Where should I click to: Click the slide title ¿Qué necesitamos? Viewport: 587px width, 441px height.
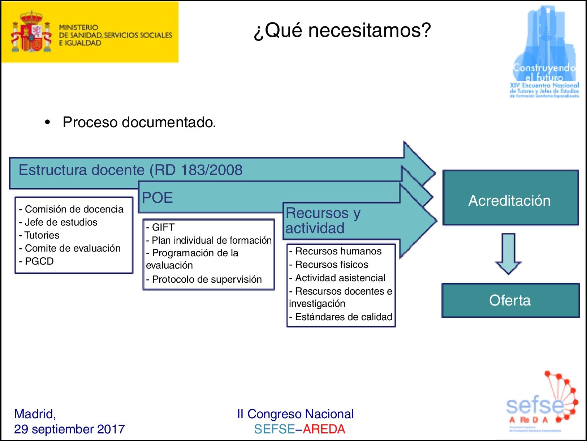point(342,30)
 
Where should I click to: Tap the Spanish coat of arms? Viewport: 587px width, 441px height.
point(31,33)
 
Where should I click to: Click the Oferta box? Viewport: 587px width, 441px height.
point(510,300)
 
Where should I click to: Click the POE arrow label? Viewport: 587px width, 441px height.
point(157,198)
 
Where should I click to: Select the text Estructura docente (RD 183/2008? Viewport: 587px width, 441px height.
point(130,170)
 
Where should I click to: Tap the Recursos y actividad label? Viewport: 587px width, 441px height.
point(323,220)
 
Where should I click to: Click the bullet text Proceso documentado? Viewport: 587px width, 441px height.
point(139,122)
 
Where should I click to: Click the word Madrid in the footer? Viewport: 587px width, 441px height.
point(35,414)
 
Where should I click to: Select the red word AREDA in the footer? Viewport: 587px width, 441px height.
point(324,429)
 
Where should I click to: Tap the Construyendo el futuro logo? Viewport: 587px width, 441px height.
point(544,52)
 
